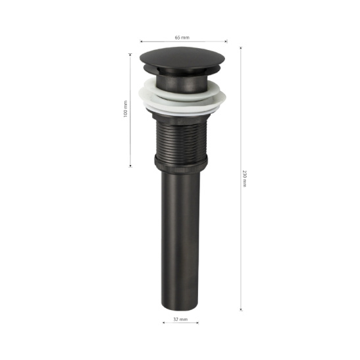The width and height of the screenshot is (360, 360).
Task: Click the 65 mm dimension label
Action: coord(182,38)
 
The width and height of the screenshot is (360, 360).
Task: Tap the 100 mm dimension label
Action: coord(125,109)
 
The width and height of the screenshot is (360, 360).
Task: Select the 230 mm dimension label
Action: coord(245,178)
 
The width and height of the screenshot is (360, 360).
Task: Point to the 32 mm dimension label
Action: coord(180,319)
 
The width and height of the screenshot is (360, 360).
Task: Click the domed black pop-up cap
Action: coord(182,59)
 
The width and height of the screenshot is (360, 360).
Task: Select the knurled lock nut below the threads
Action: coord(181,164)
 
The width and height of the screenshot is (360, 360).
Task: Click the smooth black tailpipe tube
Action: coord(180,240)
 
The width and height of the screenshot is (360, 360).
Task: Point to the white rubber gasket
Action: coord(182,97)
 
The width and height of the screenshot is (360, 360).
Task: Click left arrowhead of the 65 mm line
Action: coord(141,41)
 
